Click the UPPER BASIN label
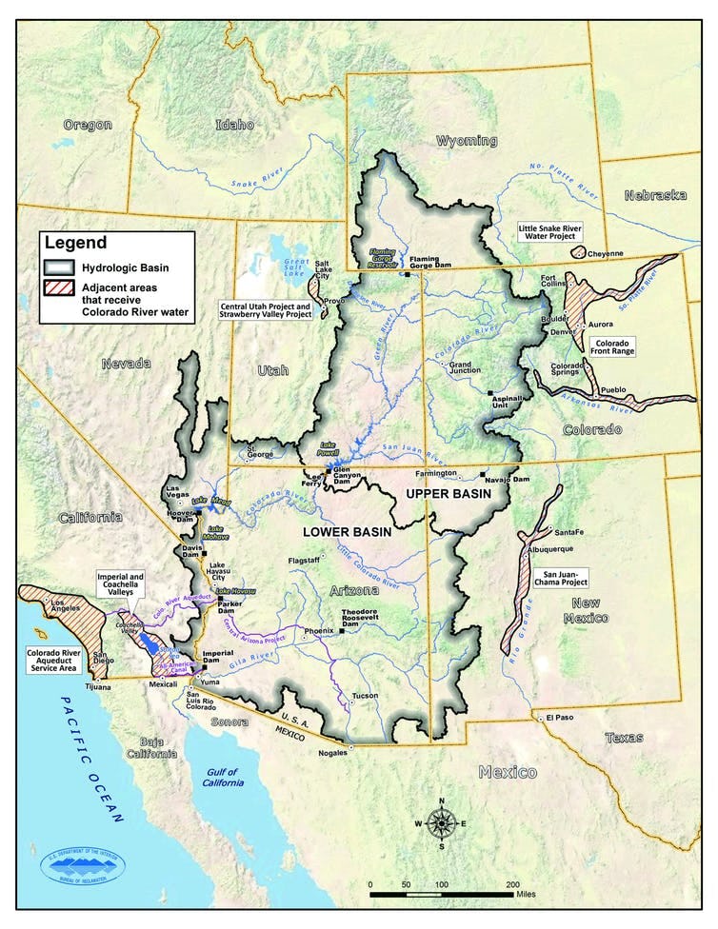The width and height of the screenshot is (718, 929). click(446, 495)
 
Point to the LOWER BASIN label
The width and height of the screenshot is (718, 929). click(347, 532)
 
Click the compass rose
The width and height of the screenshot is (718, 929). click(440, 822)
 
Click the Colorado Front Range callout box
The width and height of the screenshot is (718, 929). click(616, 346)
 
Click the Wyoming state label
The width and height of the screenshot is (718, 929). click(466, 141)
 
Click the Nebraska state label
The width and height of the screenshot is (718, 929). click(655, 195)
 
